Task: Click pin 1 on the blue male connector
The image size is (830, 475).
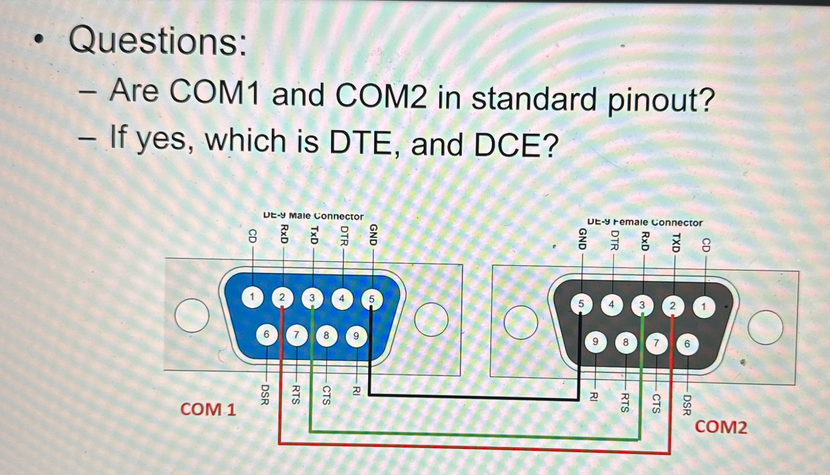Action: coord(253,297)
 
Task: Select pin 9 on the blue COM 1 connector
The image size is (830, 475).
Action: coord(356,336)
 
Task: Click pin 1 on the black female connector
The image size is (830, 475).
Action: coord(703,307)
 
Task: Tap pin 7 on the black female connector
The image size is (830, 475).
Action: coord(656,343)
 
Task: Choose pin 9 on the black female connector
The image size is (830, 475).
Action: coord(595,341)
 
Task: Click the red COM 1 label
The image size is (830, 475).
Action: coord(208,409)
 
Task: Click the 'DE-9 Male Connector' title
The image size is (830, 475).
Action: coord(313,216)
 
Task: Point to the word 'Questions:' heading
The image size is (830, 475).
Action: coord(158,42)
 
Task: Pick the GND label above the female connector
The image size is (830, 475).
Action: coord(582,239)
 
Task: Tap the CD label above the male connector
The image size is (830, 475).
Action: coord(253,237)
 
